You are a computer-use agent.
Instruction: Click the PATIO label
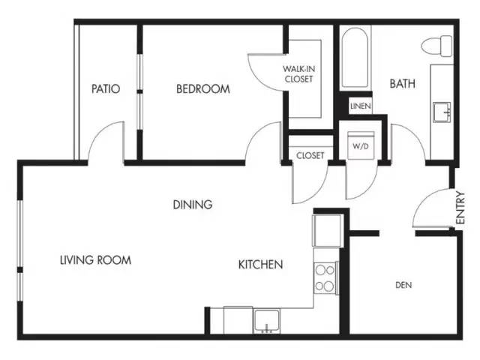click(x=106, y=88)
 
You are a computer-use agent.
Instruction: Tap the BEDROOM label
click(x=203, y=88)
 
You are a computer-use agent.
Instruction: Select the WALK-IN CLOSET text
click(x=298, y=73)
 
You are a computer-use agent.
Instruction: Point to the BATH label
click(x=402, y=83)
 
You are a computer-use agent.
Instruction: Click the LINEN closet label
click(x=361, y=106)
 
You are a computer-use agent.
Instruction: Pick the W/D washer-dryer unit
click(x=361, y=145)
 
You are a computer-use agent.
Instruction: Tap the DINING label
click(x=193, y=205)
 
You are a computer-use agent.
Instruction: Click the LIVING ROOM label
click(x=95, y=260)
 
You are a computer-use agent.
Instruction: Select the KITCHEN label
click(x=260, y=264)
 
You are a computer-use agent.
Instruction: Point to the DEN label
click(x=403, y=285)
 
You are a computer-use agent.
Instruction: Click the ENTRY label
click(x=460, y=208)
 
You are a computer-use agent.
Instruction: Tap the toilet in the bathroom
click(x=436, y=46)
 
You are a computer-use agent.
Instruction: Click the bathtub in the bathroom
click(x=355, y=58)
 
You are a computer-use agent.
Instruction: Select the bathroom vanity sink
click(x=442, y=112)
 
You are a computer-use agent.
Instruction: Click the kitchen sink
click(x=267, y=321)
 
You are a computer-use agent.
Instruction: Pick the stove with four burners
click(x=325, y=278)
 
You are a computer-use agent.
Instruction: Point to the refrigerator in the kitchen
click(x=327, y=230)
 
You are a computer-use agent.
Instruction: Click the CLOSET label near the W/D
click(x=310, y=155)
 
